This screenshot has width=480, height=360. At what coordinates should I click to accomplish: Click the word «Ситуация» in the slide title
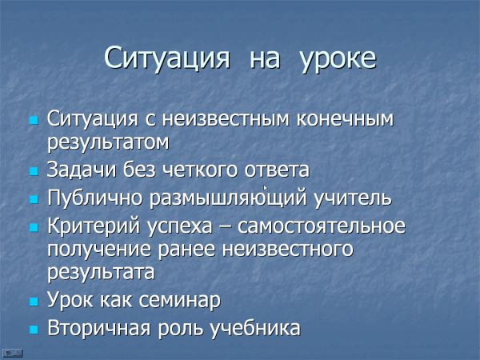pos(167,58)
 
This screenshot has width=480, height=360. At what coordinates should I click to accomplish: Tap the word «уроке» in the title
pos(338,59)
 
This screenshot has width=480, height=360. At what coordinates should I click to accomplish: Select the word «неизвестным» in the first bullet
pos(226,118)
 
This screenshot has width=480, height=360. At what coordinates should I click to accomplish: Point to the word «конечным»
pos(345,118)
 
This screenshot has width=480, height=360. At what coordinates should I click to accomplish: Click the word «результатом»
pos(108,143)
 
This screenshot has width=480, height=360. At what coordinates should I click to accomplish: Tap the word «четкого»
pos(199,170)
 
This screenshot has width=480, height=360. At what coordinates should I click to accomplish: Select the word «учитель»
pos(353,198)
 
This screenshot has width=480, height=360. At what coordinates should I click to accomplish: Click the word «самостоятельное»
pos(322,226)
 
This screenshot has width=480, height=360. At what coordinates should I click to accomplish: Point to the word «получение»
pos(99,250)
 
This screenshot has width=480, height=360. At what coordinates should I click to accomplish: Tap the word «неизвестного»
pos(287,249)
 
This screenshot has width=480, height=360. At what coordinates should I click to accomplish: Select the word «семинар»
pos(180,300)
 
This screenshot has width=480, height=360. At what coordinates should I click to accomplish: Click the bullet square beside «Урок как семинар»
pos(34,302)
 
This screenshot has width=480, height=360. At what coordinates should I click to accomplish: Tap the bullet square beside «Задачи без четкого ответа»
pos(34,171)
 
